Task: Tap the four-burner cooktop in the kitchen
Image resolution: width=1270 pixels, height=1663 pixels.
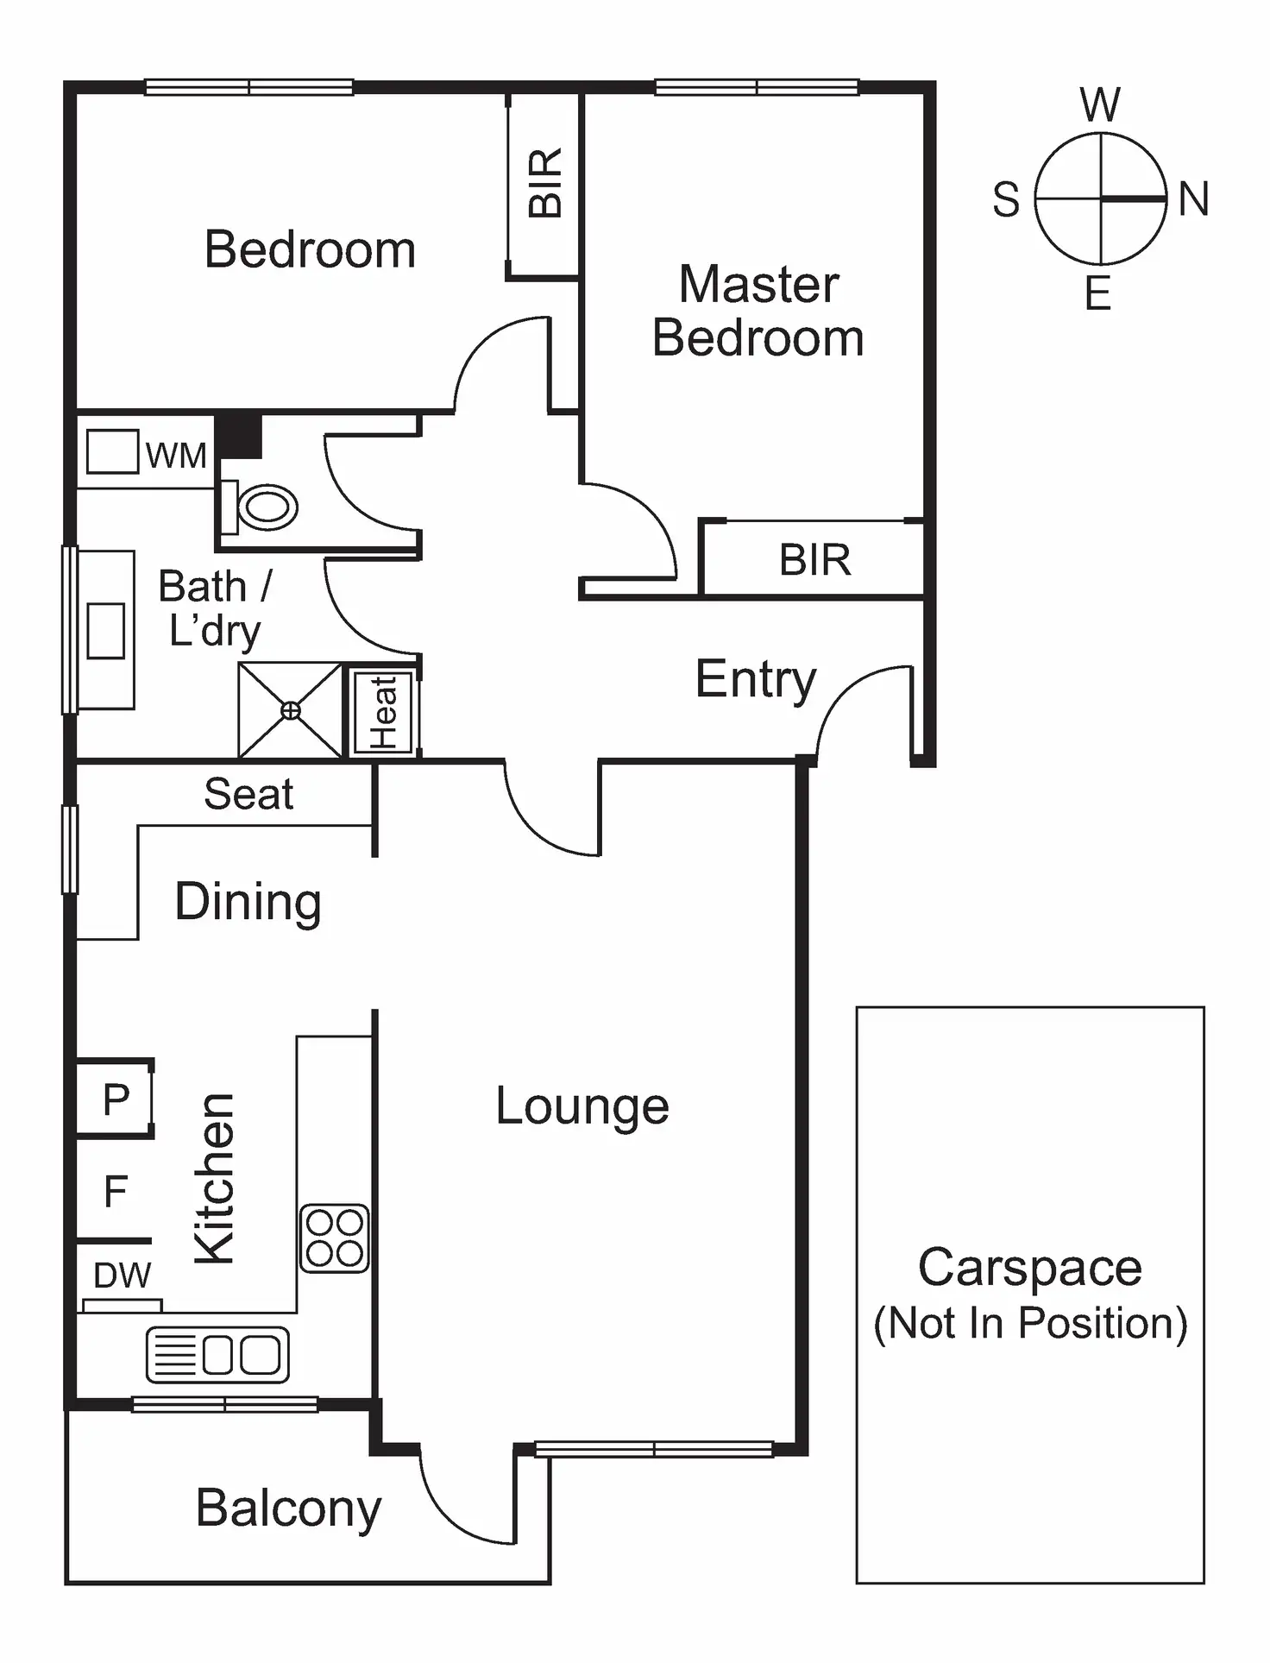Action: coord(335,1238)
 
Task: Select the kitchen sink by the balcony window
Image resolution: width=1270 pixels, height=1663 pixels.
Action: coord(217,1354)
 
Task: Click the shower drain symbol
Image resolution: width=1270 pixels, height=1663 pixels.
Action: coord(292,710)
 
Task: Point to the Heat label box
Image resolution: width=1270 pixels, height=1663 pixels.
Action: coord(384,711)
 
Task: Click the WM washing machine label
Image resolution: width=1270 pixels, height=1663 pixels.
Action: coord(176,455)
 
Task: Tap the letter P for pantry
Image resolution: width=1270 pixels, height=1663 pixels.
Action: coord(116,1099)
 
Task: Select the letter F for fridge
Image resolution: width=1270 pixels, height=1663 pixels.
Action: coord(116,1192)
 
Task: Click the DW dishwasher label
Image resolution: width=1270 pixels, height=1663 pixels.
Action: coord(122,1276)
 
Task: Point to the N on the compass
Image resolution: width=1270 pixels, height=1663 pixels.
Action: coord(1193,199)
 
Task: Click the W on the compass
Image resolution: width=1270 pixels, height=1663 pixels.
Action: coord(1100,105)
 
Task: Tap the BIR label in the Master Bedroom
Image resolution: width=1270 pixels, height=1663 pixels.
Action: coord(814,560)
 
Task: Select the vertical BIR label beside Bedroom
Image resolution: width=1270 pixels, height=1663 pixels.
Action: coord(545,182)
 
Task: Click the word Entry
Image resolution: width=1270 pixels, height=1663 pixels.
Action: coord(755,679)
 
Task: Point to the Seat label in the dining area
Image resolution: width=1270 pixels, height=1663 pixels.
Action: coord(248,794)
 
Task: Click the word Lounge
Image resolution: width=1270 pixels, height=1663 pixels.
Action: coord(582,1106)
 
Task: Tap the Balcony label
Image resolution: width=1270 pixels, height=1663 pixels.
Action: coord(288,1508)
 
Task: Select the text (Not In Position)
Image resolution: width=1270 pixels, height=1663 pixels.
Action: coord(1030,1323)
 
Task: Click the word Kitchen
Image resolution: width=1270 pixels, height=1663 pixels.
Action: coord(215,1179)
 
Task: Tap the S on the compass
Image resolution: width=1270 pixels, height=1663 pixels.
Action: coord(1006,199)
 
